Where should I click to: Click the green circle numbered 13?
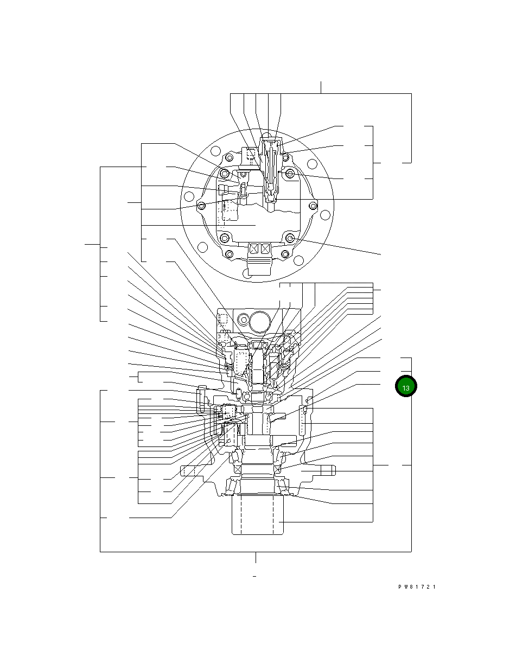pyautogui.click(x=405, y=386)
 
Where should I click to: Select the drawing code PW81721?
pyautogui.click(x=417, y=587)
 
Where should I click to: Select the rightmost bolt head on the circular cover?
pyautogui.click(x=313, y=206)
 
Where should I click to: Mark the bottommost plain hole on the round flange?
pyautogui.click(x=247, y=275)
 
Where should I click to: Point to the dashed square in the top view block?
pyautogui.click(x=252, y=155)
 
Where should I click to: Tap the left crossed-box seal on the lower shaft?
pyautogui.click(x=236, y=469)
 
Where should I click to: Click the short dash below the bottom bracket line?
pyautogui.click(x=254, y=576)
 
